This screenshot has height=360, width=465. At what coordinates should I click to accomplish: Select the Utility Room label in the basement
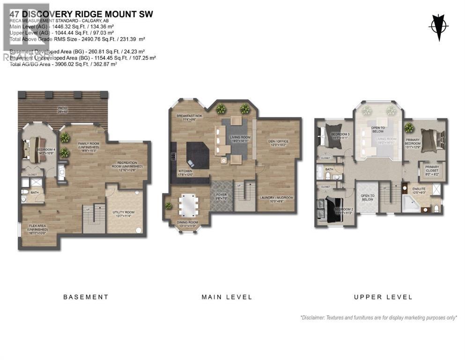(124, 213)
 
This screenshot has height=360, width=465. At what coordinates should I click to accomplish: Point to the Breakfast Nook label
(189, 117)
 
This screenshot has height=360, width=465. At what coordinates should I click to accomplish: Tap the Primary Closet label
(432, 169)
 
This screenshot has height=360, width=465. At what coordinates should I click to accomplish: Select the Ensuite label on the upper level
(419, 190)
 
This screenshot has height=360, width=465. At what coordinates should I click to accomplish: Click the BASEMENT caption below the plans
(86, 297)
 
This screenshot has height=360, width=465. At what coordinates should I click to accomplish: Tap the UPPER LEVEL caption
(383, 297)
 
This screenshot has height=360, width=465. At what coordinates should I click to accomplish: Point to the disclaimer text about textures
(378, 317)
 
